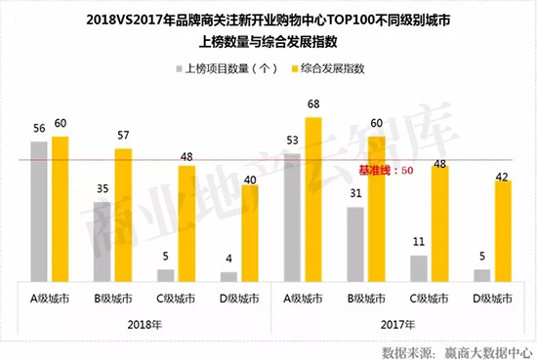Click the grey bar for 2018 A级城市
pos(39,211)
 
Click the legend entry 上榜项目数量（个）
pos(224,70)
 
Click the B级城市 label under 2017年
pos(365,296)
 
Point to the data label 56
pos(39,129)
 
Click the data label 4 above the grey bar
pos(228,260)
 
